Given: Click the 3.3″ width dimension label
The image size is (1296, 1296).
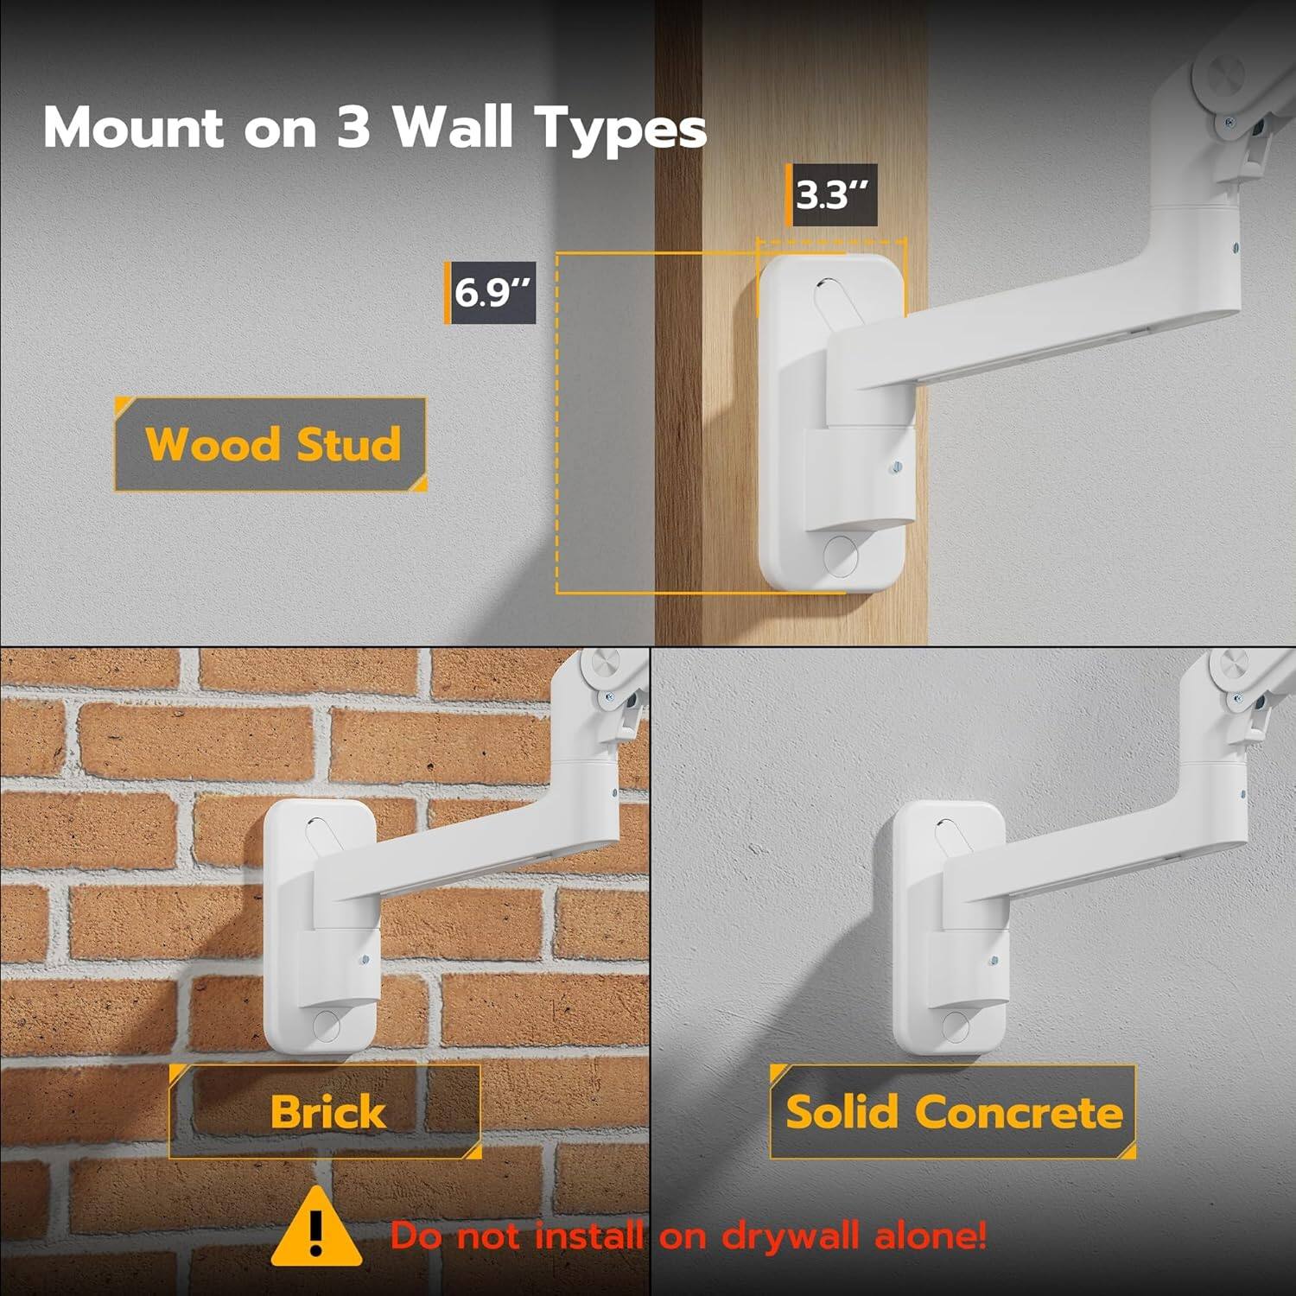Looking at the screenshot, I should tap(834, 195).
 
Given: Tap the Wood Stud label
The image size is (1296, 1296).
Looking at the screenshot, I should tap(271, 444).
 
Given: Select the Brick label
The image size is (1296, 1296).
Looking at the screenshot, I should tap(327, 1111).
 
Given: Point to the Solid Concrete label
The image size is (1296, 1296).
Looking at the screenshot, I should tap(953, 1111).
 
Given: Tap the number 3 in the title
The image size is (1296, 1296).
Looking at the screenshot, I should tap(353, 127).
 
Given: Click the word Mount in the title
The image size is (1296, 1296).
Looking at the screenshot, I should tap(134, 127).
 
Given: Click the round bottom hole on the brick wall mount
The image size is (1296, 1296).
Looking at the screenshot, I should tap(327, 1026).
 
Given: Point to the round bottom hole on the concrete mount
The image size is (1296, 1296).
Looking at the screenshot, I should tap(956, 1026).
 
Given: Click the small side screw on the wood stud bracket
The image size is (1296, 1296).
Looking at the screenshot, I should tap(895, 467).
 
